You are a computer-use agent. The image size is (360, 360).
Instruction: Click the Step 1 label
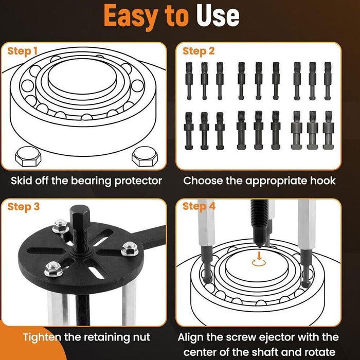click(22, 51)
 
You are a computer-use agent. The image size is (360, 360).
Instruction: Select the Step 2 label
click(199, 51)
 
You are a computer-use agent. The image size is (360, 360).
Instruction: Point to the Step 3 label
click(23, 207)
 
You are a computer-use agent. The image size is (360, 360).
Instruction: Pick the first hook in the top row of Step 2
click(189, 80)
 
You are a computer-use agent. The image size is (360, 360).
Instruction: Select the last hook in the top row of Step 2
click(328, 80)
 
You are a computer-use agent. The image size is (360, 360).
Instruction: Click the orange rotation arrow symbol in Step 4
click(259, 261)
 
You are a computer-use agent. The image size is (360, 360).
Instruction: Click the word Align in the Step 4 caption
click(192, 337)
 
